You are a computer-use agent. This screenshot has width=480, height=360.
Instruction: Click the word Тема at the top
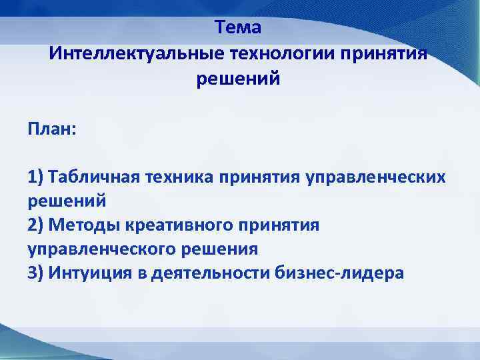(x=239, y=27)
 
